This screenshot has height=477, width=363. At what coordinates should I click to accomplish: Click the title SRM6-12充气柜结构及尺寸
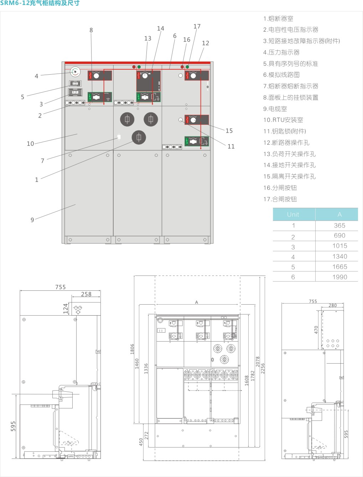click(40, 3)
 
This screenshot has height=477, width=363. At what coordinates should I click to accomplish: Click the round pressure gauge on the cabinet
click(75, 72)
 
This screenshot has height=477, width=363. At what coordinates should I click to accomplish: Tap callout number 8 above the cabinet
click(91, 30)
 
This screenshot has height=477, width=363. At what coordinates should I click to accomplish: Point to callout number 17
click(197, 26)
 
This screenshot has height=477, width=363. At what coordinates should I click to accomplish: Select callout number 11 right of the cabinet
click(231, 146)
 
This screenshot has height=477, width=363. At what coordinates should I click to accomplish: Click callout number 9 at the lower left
click(32, 220)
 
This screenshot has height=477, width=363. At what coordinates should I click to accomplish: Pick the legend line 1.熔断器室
click(278, 19)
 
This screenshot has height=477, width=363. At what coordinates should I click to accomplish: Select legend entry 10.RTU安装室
click(283, 120)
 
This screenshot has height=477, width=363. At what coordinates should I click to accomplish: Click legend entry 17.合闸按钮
click(280, 199)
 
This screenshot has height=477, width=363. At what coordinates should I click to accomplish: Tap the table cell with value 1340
click(339, 257)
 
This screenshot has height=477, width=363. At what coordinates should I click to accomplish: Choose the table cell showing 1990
click(339, 277)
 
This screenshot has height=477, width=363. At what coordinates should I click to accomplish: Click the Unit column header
click(293, 214)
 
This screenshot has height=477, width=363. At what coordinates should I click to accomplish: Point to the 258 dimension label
click(86, 294)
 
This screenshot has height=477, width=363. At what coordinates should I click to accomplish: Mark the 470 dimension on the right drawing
click(316, 329)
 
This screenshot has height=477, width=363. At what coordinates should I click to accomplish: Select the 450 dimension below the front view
click(141, 442)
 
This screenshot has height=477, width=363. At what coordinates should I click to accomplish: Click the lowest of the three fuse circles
click(139, 137)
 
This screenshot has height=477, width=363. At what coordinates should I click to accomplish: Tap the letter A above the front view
click(196, 302)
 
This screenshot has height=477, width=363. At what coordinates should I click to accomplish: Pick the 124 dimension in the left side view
click(66, 308)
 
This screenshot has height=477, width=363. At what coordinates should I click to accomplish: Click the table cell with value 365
click(339, 226)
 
